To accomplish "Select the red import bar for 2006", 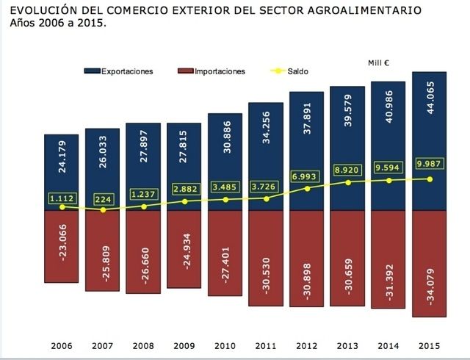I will point(62,246).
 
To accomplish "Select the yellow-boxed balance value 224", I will point(104,198).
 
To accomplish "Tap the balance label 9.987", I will point(430,163).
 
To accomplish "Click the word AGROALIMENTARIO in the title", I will point(360,12).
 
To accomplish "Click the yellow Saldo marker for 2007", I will point(104,210).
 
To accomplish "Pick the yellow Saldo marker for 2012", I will point(307,188).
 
